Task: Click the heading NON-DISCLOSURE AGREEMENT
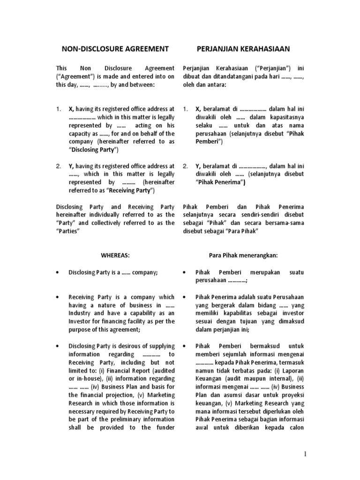click(x=115, y=49)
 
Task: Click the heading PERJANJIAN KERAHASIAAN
click(x=243, y=49)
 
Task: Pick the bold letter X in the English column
click(x=71, y=109)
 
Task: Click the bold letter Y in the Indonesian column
click(x=198, y=165)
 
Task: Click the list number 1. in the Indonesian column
click(x=186, y=109)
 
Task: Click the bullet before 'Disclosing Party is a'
click(x=57, y=272)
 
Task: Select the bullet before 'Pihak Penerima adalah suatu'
click(x=185, y=297)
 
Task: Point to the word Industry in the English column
click(x=80, y=313)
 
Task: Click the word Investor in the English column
click(x=81, y=321)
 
